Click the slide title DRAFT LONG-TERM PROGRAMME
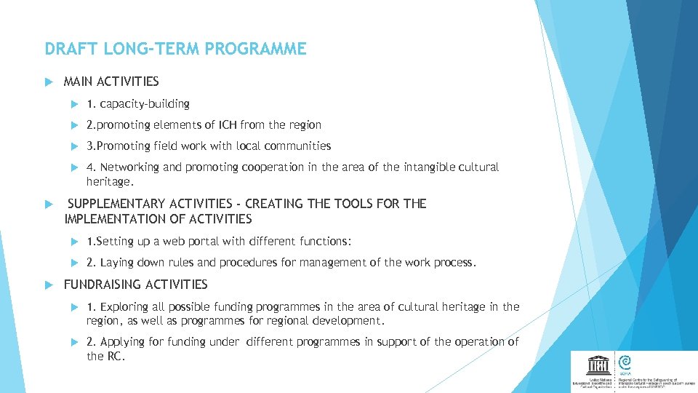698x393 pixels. click(175, 49)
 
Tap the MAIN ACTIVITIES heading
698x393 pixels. click(111, 82)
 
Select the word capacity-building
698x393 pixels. click(145, 103)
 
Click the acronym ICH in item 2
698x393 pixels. click(228, 124)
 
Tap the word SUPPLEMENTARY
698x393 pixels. click(116, 204)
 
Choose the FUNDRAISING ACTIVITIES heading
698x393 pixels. click(136, 285)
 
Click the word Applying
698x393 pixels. click(123, 341)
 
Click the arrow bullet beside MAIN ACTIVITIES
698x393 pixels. click(49, 82)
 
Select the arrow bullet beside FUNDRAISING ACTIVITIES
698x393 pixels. click(49, 285)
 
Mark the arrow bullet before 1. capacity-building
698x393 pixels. click(73, 103)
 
